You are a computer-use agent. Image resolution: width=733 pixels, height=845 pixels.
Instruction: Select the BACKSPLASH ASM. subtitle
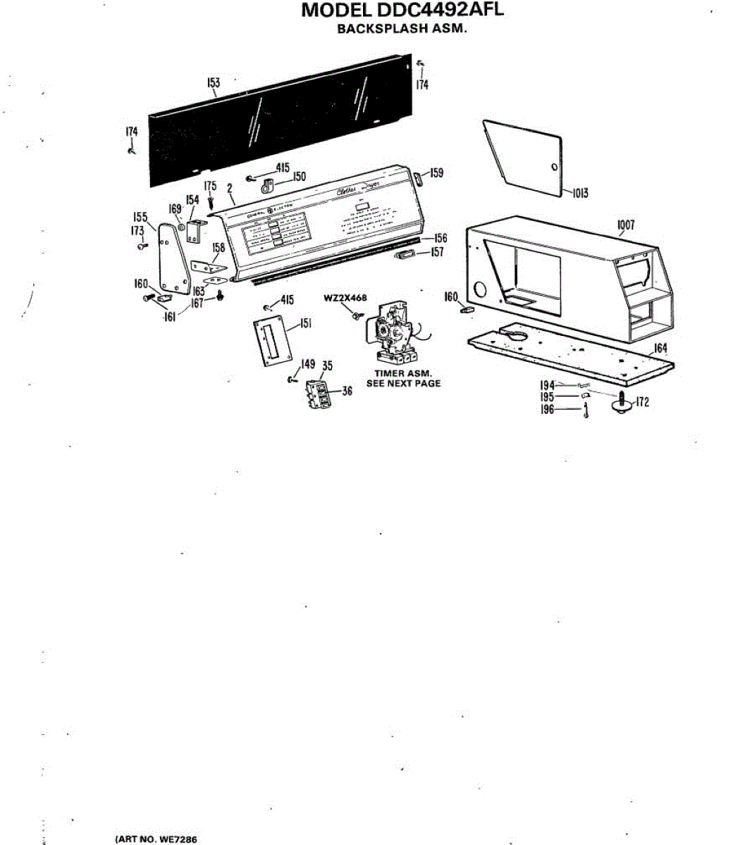[402, 30]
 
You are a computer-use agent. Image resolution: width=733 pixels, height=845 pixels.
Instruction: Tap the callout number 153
[214, 82]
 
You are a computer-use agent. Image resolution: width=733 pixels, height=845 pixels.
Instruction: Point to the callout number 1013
[579, 194]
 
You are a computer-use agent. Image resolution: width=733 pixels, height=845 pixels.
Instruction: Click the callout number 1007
[626, 225]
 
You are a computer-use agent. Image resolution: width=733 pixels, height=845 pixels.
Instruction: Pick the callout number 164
[660, 348]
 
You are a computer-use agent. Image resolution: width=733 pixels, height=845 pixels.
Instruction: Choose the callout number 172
[642, 402]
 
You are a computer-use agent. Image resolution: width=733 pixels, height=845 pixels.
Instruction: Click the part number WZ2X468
[345, 298]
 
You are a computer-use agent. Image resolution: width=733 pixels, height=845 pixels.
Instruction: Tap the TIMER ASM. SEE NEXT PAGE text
[403, 378]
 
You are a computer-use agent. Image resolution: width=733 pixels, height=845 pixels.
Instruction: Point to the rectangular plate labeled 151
[271, 342]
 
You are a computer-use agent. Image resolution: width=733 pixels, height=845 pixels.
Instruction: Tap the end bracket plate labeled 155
[169, 261]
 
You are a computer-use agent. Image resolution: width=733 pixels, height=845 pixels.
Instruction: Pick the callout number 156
[441, 238]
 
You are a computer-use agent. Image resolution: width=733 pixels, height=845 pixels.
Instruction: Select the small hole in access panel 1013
[553, 167]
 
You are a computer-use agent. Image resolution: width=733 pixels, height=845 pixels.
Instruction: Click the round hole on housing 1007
[481, 289]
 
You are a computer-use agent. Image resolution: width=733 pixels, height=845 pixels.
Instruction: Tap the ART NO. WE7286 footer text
[156, 839]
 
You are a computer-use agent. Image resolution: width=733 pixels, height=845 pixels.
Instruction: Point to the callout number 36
[347, 392]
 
